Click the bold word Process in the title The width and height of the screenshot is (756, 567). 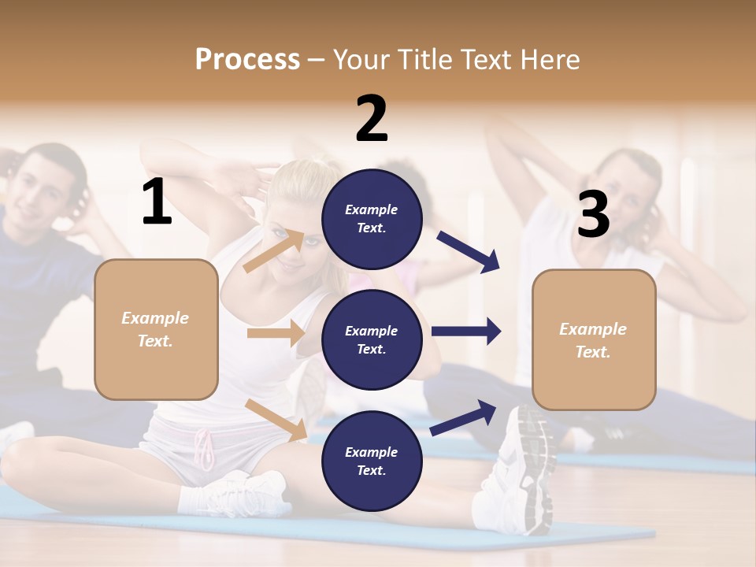tap(247, 59)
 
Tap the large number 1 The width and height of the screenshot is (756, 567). tap(157, 202)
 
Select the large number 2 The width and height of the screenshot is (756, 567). tap(372, 119)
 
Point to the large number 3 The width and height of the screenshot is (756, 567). tap(593, 214)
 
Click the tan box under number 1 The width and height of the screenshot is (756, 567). tap(156, 329)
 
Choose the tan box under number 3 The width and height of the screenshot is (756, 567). tap(594, 339)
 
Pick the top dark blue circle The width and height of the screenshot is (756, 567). tap(372, 218)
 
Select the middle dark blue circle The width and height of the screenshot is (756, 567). tap(372, 339)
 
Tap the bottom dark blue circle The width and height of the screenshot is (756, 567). tap(372, 461)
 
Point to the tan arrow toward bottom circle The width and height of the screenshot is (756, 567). tap(276, 420)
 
